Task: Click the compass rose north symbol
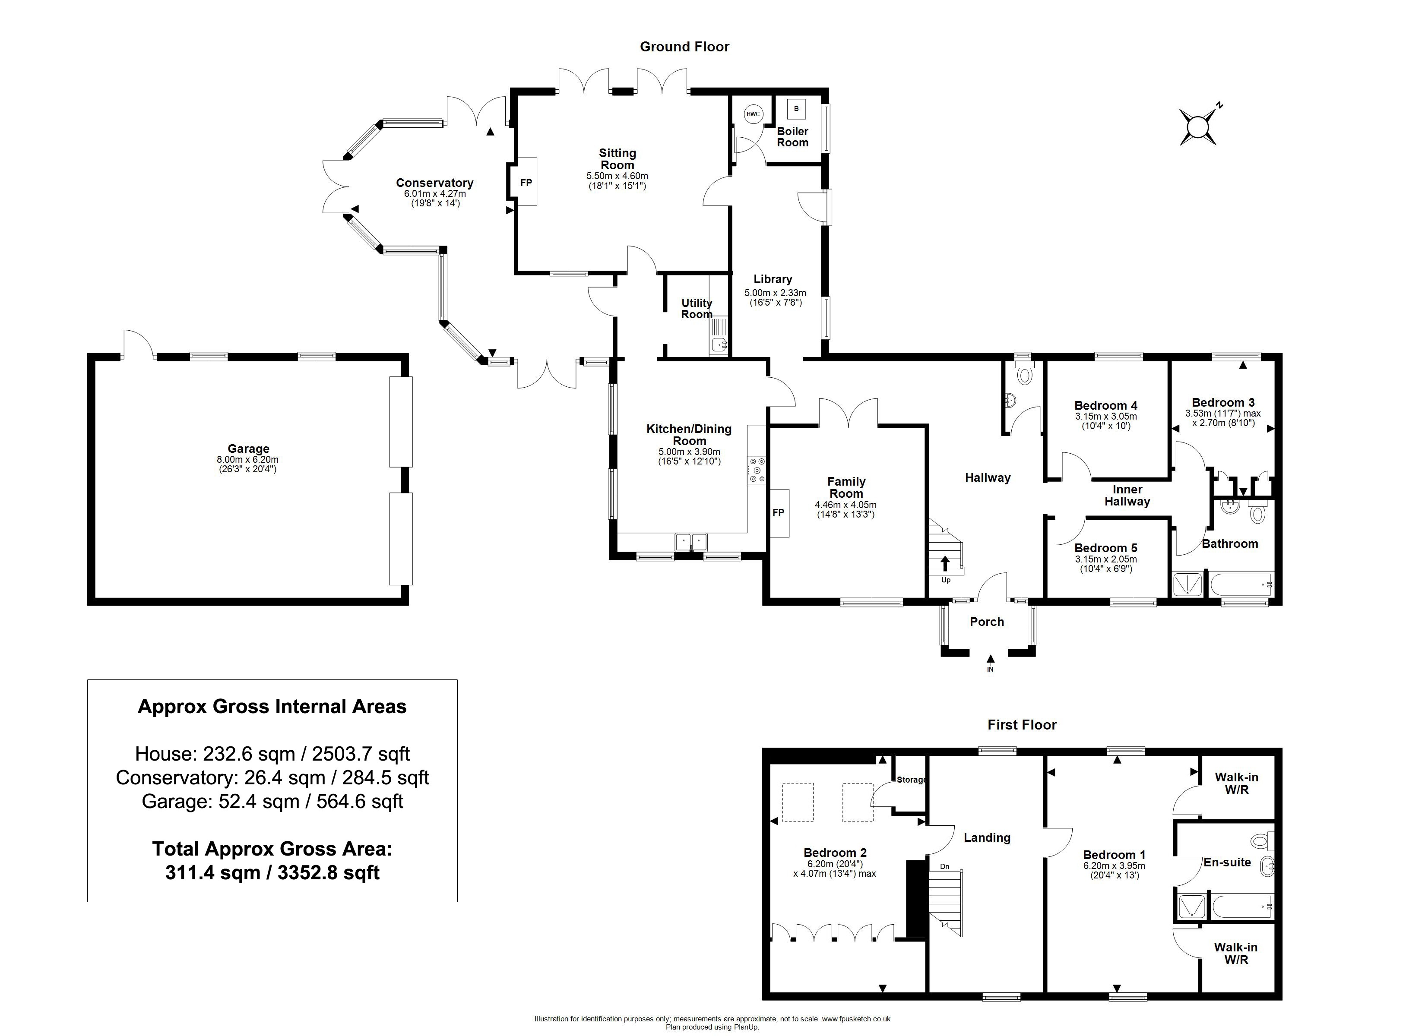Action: click(1198, 126)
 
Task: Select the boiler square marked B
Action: click(796, 109)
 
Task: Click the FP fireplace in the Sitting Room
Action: click(526, 182)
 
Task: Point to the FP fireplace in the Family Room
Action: click(779, 513)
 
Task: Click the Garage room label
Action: click(249, 449)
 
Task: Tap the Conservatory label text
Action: click(434, 183)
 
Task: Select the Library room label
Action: click(773, 279)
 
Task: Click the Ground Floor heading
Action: click(684, 47)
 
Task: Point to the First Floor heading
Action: click(1022, 724)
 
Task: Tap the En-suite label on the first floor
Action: click(1227, 862)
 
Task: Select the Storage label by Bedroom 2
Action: click(912, 780)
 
